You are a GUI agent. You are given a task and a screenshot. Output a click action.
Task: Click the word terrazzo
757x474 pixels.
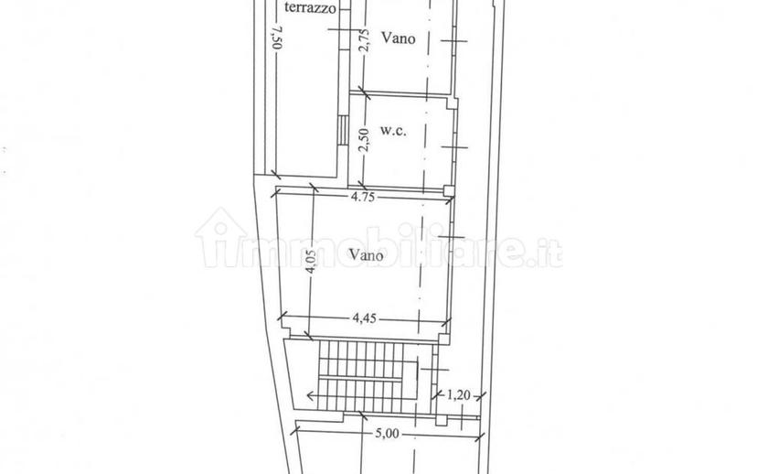(x=310, y=7)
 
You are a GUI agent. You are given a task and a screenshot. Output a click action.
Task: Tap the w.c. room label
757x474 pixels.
(x=393, y=131)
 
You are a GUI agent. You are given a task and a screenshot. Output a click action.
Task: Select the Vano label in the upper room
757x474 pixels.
(x=399, y=38)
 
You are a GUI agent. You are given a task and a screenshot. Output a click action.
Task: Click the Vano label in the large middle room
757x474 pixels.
(x=367, y=254)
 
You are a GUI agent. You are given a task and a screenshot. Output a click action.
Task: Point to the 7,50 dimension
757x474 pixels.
(x=277, y=38)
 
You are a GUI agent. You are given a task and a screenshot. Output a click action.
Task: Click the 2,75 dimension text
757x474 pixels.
(x=365, y=40)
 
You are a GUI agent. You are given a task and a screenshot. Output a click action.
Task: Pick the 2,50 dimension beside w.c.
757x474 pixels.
(x=365, y=140)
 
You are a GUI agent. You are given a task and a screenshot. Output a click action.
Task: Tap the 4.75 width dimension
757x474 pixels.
(x=363, y=197)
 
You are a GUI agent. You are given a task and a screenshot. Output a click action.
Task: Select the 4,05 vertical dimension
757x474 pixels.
(x=311, y=262)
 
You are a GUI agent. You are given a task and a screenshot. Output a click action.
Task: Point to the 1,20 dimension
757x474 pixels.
(x=458, y=395)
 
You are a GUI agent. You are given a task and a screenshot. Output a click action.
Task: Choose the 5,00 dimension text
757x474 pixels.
(x=388, y=434)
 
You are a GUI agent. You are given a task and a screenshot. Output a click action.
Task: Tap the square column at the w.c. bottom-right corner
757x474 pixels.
(x=449, y=190)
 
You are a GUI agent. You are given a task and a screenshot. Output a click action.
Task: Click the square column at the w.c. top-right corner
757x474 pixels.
(x=452, y=102)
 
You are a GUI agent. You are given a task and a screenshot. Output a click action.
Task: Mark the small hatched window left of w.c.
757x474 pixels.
(x=342, y=130)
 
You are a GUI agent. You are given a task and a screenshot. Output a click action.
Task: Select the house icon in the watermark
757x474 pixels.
(x=220, y=237)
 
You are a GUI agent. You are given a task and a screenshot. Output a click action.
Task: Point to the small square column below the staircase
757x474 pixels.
(x=442, y=420)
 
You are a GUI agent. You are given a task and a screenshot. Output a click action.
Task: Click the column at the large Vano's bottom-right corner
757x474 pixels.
(x=444, y=339)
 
